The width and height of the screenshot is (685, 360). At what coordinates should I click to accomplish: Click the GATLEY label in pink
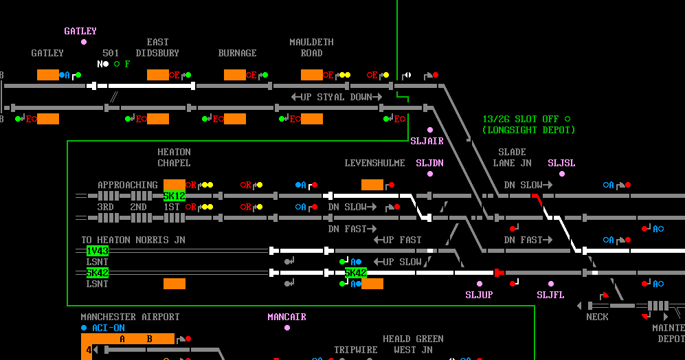[x=80, y=31]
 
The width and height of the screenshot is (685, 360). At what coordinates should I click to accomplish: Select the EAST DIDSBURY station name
[x=157, y=47]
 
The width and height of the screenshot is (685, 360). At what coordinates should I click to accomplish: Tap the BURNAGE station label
[x=237, y=53]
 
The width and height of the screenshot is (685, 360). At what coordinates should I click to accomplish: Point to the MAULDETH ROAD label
[x=311, y=47]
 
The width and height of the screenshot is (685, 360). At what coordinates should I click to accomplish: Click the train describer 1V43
[x=97, y=251]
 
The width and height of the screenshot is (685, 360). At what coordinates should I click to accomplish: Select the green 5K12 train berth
[x=174, y=196]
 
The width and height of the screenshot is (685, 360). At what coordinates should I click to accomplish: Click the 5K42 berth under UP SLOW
[x=355, y=273]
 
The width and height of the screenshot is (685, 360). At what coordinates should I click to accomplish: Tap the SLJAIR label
[x=427, y=141]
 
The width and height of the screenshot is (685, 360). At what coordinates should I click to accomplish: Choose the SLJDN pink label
[x=429, y=163]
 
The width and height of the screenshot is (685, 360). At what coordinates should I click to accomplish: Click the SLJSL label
[x=561, y=163]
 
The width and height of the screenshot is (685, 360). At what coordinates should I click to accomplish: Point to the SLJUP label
[x=479, y=295]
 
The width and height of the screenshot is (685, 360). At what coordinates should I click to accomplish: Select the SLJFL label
[x=550, y=295]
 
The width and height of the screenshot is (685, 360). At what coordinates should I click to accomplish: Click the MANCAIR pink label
[x=287, y=317]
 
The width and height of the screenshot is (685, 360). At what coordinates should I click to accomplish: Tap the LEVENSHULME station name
[x=374, y=163]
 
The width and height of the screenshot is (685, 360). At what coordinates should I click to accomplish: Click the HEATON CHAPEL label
[x=174, y=157]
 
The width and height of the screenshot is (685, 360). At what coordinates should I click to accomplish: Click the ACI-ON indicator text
[x=108, y=328]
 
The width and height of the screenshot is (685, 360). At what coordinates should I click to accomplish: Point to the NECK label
[x=597, y=317]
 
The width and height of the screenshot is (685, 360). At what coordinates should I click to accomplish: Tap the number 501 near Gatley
[x=111, y=53]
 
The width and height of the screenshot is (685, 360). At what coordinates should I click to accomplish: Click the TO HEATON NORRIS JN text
[x=133, y=240]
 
